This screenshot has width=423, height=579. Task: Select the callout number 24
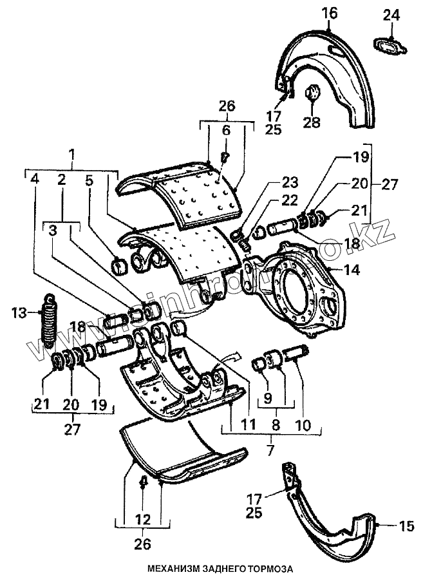coord(391,14)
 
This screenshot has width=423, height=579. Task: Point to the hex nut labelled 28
coord(311,93)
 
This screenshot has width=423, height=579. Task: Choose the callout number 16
coord(329,12)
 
